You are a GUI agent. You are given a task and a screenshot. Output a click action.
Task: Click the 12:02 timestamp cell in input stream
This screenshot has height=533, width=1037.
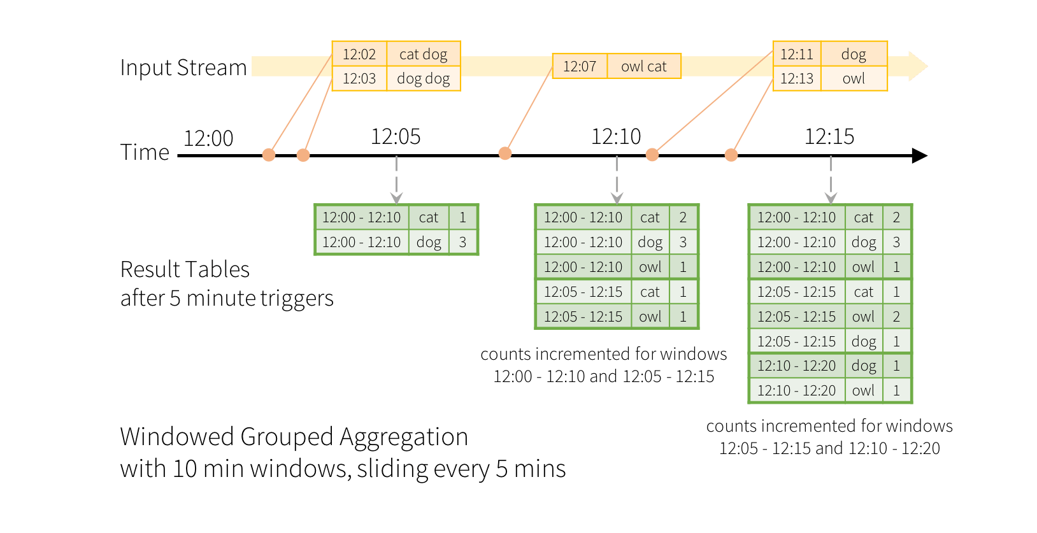click(x=359, y=54)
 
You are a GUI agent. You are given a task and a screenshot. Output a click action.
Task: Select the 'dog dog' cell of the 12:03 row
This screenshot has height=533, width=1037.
click(x=423, y=79)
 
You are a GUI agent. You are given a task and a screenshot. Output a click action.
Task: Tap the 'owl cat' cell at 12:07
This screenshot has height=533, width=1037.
click(x=643, y=66)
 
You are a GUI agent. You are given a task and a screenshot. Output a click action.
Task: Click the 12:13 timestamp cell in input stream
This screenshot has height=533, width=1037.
click(x=796, y=79)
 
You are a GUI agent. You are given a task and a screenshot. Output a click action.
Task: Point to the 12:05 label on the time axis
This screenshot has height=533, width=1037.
click(x=396, y=136)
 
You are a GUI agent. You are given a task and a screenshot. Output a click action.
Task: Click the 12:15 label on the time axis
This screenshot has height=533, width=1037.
click(x=829, y=136)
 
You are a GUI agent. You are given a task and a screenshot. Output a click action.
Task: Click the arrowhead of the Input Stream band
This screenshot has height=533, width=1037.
click(x=917, y=66)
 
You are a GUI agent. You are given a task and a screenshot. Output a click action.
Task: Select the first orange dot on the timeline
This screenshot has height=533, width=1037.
click(x=269, y=155)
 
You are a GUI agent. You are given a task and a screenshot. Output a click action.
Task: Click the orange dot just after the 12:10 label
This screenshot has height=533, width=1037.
click(x=652, y=155)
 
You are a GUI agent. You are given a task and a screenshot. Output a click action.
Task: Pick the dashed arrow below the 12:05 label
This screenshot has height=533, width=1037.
click(x=396, y=181)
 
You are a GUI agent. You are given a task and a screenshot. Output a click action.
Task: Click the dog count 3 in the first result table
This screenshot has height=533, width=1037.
click(x=462, y=242)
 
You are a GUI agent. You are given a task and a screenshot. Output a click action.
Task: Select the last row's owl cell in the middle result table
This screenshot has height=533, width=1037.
click(x=650, y=316)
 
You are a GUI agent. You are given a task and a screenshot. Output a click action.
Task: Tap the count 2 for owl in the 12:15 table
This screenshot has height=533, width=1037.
click(x=896, y=316)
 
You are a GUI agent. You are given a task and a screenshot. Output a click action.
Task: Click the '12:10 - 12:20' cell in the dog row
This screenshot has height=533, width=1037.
click(x=796, y=366)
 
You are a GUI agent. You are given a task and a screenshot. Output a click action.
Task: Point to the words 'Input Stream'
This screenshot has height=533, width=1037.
click(x=183, y=68)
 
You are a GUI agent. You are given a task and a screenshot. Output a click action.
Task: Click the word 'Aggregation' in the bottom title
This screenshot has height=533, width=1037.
click(x=403, y=437)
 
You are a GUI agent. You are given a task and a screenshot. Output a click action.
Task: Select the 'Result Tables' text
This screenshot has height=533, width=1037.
click(x=185, y=269)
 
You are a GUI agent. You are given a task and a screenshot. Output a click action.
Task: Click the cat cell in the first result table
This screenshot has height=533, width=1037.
click(x=428, y=217)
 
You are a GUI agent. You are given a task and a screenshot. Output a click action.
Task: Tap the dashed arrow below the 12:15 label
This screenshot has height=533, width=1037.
click(x=831, y=181)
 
